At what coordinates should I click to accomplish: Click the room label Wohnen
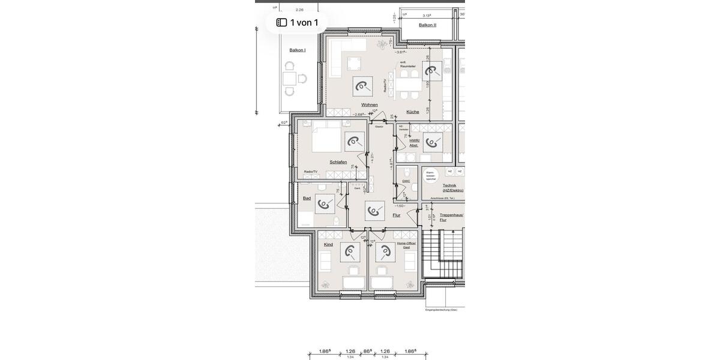pos(370,105)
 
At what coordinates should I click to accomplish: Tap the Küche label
pos(413,112)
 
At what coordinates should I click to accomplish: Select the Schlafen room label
pos(338,162)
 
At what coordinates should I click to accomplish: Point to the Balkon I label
pos(298,50)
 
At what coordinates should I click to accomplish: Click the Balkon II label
pos(428,25)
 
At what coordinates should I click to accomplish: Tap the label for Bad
pos(307,198)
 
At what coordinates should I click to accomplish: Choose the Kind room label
pos(328,245)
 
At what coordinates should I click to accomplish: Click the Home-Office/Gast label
pos(406,245)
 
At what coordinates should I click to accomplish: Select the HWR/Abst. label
pos(415,143)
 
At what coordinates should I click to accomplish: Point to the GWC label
pos(406,181)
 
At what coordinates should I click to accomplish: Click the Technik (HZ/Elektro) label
pos(452,188)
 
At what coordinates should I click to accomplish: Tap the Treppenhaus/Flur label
pos(451,217)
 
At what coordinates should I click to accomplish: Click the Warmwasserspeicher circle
pos(431,175)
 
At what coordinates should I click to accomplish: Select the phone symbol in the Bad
pos(325,204)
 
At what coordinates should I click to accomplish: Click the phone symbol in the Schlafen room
pos(355,142)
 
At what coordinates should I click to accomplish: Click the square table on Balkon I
pos(290,79)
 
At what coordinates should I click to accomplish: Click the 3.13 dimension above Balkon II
pos(427,16)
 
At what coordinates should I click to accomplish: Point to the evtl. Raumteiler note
pos(408,64)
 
